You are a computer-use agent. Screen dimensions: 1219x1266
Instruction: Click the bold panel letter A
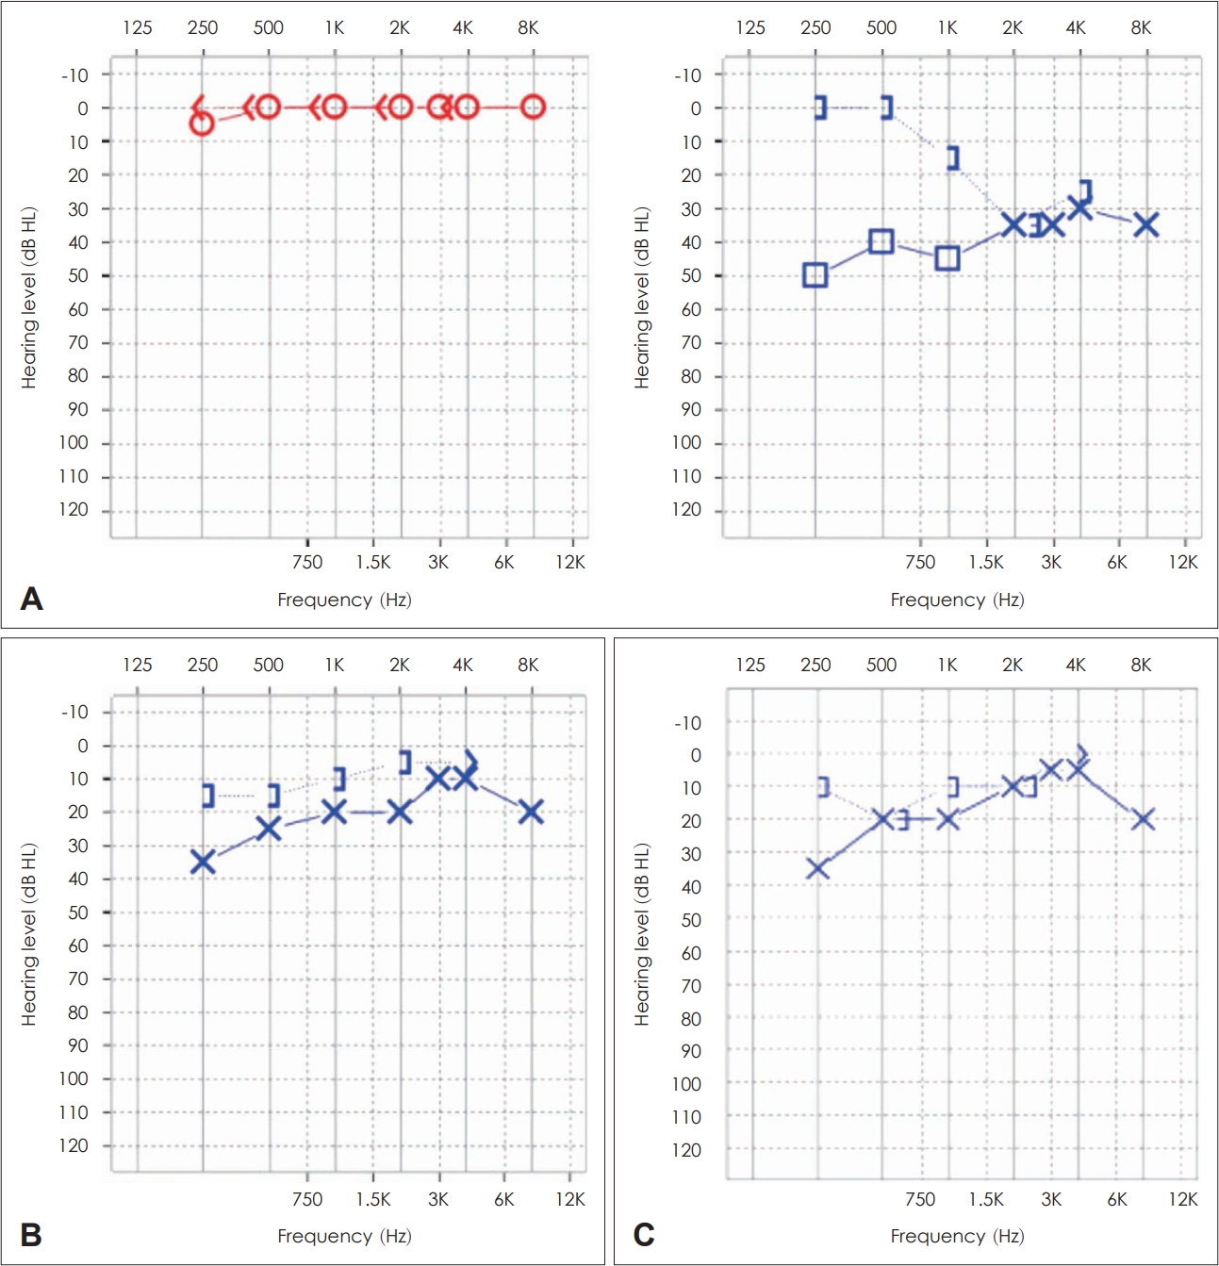pos(31,599)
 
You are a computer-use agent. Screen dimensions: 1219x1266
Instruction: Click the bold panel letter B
pos(30,1235)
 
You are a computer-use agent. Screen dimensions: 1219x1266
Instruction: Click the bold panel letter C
pos(643,1235)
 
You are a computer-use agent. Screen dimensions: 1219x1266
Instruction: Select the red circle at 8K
pos(533,107)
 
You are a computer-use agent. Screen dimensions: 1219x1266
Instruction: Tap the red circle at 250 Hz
pos(202,123)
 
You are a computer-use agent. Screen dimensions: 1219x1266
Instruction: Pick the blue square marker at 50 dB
pos(815,275)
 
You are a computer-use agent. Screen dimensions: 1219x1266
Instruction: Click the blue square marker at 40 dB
pos(881,241)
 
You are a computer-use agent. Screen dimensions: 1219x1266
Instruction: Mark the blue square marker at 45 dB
pos(947,258)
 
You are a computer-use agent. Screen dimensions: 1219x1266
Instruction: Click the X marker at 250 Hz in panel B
pos(203,862)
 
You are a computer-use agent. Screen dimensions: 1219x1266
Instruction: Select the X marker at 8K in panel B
pos(531,812)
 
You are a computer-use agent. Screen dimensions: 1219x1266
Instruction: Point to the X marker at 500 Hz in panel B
pos(269,829)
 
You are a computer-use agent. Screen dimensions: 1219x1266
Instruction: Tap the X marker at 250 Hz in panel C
pos(817,868)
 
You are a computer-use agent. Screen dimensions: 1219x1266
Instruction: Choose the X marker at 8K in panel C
pos(1143,819)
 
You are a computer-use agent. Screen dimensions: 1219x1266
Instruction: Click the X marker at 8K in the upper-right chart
pos(1145,225)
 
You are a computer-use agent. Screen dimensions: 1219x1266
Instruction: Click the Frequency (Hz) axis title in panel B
pos(345,1236)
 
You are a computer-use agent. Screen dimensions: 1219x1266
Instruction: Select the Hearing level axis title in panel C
pos(641,934)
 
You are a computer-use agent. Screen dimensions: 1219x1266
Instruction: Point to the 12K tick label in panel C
pos(1182,1199)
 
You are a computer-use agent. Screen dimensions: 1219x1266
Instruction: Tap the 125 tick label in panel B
pos(138,665)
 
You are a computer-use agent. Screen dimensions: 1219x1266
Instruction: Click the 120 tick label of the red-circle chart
pos(73,509)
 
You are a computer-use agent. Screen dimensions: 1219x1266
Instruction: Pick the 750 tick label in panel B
pos(307,1199)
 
